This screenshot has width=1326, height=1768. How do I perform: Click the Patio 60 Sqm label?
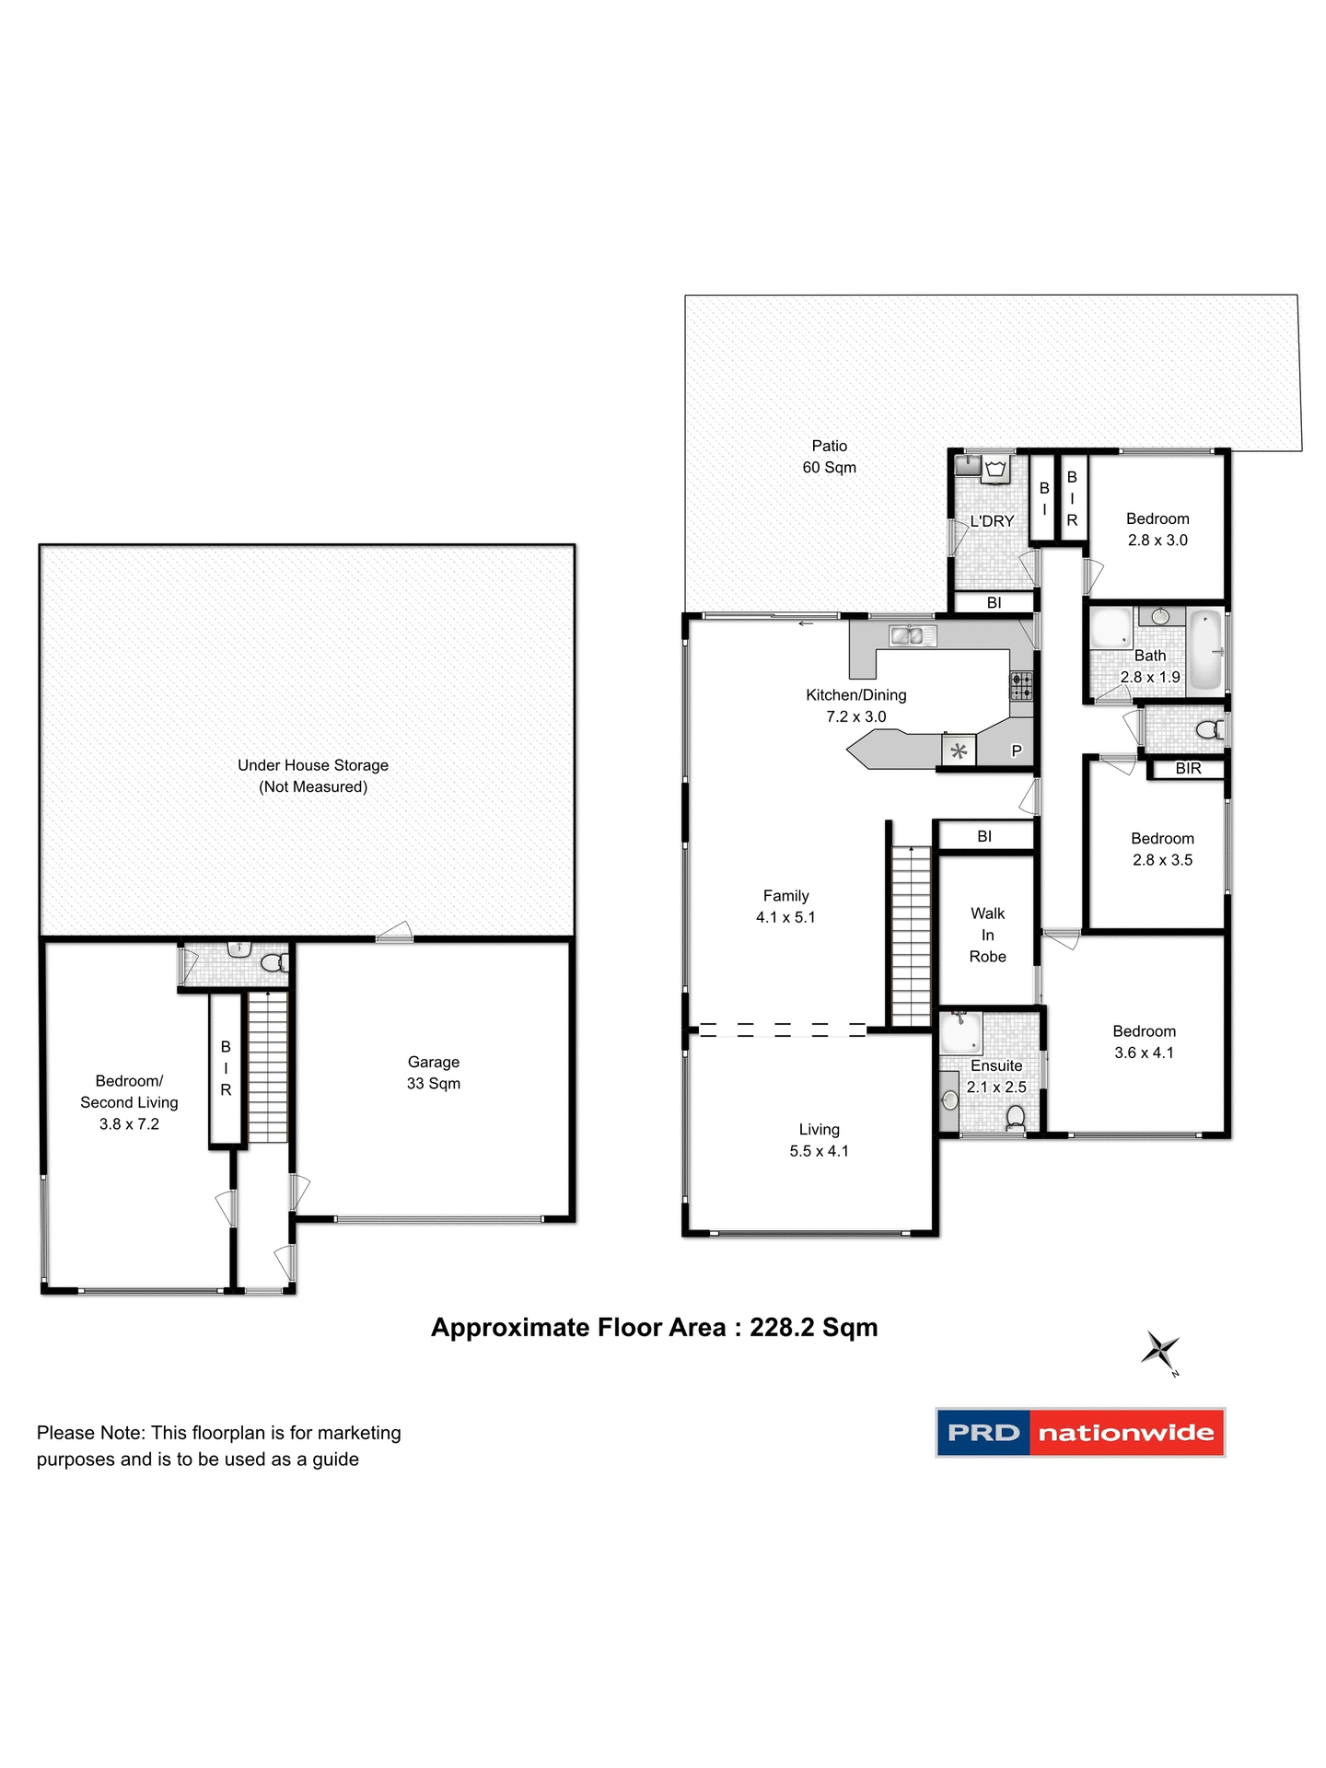(829, 457)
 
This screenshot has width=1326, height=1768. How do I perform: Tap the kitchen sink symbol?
(913, 635)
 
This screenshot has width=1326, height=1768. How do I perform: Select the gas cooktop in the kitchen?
(1021, 686)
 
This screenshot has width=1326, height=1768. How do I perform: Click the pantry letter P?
(1017, 750)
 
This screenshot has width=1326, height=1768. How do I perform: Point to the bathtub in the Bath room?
(1204, 651)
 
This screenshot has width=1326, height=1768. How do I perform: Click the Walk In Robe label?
(987, 935)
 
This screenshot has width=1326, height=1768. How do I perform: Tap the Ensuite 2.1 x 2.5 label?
(996, 1076)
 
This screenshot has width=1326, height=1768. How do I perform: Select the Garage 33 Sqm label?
(434, 1073)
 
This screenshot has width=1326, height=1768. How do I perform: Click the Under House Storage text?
(313, 765)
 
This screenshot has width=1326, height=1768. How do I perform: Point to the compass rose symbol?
(1160, 1351)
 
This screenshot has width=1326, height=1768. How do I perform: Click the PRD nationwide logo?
(1080, 1432)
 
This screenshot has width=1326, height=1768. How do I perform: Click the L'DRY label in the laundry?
(992, 521)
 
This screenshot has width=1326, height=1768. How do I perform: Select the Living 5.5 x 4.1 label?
(819, 1140)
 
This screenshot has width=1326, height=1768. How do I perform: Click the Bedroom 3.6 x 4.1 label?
(1144, 1041)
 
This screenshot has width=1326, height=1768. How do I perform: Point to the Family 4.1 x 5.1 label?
(785, 906)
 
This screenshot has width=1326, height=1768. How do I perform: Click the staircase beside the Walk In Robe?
(912, 935)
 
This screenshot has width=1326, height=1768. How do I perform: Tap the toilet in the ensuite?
(1016, 1118)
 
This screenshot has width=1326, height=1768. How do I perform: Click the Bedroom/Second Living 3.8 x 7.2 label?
(129, 1102)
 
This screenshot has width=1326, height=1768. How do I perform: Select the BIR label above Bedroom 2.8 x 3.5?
(1188, 768)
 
